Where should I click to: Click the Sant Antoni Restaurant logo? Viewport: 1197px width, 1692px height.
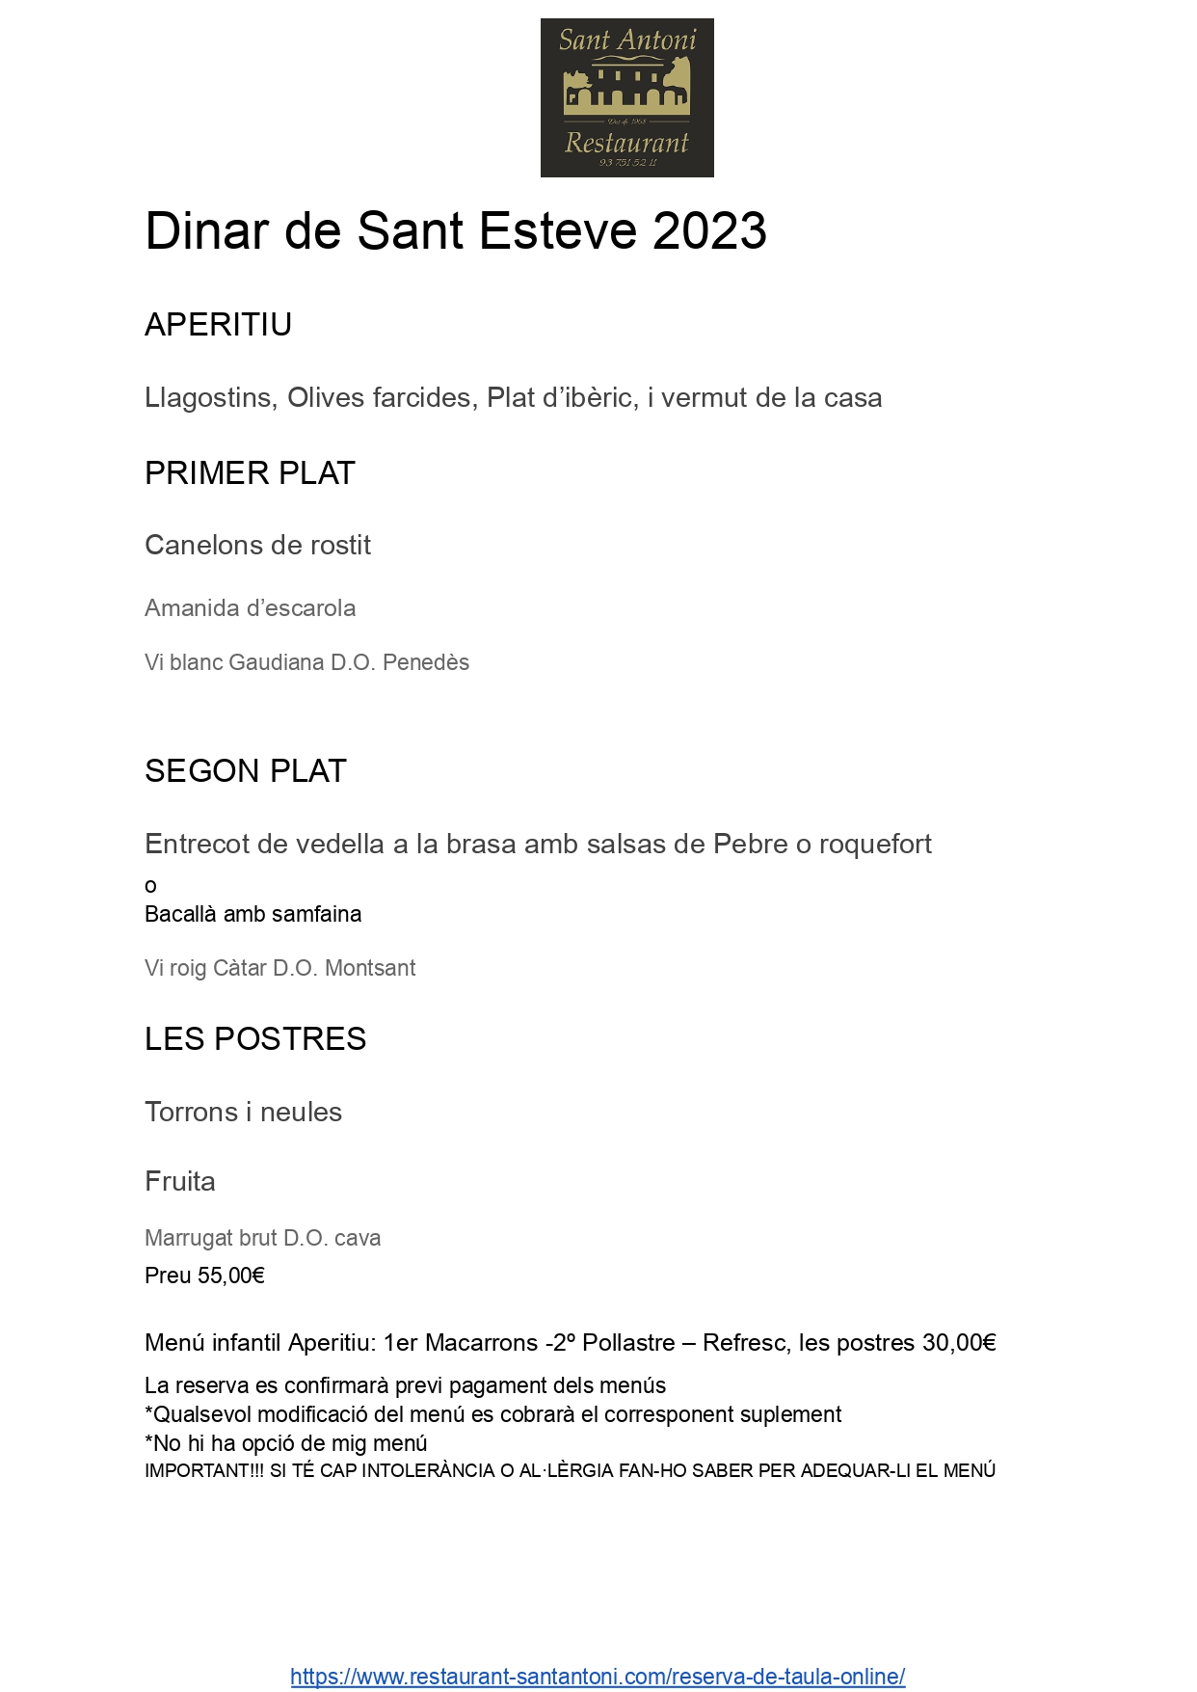(x=626, y=97)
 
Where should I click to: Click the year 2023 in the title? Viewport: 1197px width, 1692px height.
(x=708, y=231)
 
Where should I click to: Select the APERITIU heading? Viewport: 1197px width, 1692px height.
(x=218, y=325)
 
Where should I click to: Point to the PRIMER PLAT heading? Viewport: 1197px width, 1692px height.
(x=250, y=473)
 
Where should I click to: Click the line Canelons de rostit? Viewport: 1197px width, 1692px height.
(x=257, y=546)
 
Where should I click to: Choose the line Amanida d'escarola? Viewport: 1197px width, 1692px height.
(x=250, y=608)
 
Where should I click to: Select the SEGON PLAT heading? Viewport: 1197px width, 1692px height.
(x=245, y=771)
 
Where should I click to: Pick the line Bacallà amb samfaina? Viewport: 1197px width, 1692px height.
(x=253, y=914)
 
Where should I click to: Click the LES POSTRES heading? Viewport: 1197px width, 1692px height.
(x=255, y=1039)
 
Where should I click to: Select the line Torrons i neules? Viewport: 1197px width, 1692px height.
(x=243, y=1113)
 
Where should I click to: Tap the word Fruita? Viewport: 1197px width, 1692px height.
(x=180, y=1182)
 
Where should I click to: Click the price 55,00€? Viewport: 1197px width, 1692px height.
(x=230, y=1276)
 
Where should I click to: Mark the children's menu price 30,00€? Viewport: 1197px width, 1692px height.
(x=959, y=1343)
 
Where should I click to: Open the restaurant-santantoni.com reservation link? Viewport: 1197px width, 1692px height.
(x=598, y=1677)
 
